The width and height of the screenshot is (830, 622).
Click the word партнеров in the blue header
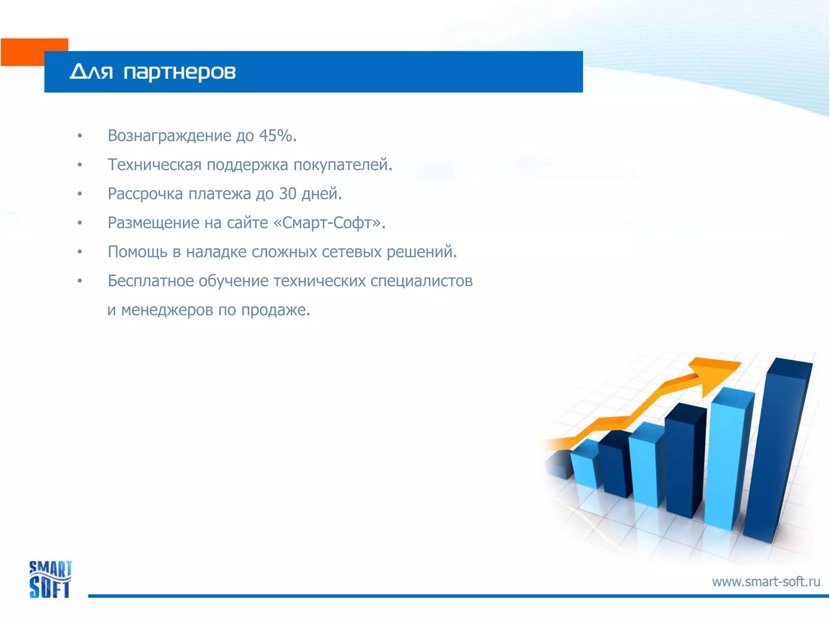pos(179,73)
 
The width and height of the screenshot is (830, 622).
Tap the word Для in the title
pos(91,72)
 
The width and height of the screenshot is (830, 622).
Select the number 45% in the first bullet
pos(276,136)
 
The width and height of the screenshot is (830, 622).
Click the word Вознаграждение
pos(169,136)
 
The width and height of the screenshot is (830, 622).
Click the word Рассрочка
pos(145,194)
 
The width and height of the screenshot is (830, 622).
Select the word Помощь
pos(137,252)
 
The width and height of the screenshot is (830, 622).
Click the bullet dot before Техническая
pos(80,165)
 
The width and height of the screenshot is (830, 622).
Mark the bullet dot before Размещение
pos(80,223)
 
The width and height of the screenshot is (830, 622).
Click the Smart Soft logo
pos(50,579)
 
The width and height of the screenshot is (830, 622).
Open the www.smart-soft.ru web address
pos(766,582)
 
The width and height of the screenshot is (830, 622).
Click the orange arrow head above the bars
pos(713,373)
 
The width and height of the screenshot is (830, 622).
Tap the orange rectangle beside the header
pos(24,52)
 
